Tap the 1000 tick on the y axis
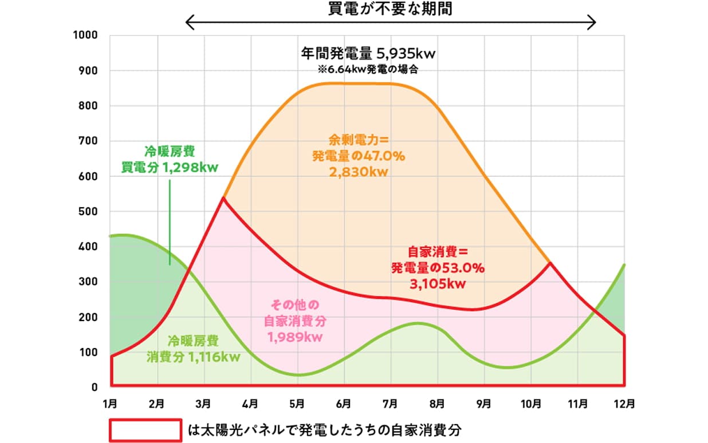(x=86, y=35)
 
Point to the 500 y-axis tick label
(x=89, y=212)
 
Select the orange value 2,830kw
(x=359, y=172)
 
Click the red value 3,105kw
(x=439, y=282)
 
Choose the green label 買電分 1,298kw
(x=170, y=168)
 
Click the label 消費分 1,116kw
(x=193, y=357)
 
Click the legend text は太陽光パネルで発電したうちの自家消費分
(x=325, y=429)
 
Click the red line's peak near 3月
(x=223, y=197)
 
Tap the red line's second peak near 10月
(x=550, y=263)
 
